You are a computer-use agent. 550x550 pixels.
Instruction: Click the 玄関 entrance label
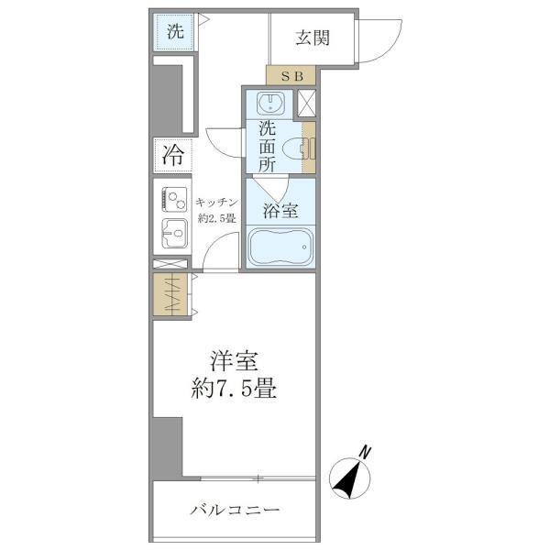pyautogui.click(x=313, y=38)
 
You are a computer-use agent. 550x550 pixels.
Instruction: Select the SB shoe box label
pyautogui.click(x=291, y=75)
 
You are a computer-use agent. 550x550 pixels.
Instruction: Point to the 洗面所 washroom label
pyautogui.click(x=267, y=147)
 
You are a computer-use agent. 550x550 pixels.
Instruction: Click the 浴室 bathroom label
pyautogui.click(x=280, y=210)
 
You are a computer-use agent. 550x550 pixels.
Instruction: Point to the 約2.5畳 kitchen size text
pyautogui.click(x=217, y=218)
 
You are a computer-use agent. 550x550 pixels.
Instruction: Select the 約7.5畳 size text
pyautogui.click(x=235, y=388)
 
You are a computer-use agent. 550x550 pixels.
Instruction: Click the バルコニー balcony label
pyautogui.click(x=235, y=509)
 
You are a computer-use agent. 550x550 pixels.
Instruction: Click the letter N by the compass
pyautogui.click(x=365, y=450)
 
